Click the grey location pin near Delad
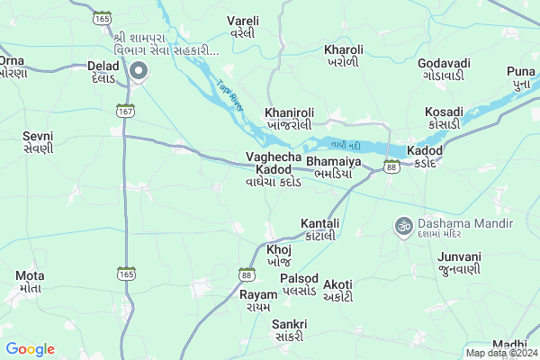(x=139, y=71)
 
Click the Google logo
(x=30, y=349)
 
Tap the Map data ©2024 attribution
(x=500, y=352)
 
